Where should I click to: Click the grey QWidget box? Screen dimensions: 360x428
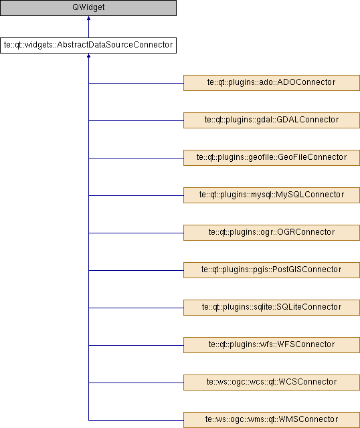coord(88,8)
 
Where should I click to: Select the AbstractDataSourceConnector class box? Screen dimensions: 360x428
coord(88,45)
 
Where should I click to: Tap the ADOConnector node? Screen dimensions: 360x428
coord(272,83)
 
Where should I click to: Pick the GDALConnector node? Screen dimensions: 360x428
coord(272,120)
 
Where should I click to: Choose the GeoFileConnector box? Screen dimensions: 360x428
coord(272,158)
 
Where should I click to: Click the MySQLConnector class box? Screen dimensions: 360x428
coord(272,195)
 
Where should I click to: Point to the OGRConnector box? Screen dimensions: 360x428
coord(272,233)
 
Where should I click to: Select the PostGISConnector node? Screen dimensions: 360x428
coord(272,270)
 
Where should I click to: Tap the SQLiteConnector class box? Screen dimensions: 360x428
coord(272,308)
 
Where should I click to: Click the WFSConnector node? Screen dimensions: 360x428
coord(272,345)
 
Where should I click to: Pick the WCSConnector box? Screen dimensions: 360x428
coord(272,383)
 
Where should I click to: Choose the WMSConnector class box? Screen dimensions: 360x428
coord(272,420)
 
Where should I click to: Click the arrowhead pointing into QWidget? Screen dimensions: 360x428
coord(88,18)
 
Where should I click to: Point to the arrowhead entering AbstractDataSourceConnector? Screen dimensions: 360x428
coord(88,56)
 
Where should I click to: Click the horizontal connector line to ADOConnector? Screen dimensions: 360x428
coord(136,83)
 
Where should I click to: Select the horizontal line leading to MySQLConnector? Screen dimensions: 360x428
coord(136,195)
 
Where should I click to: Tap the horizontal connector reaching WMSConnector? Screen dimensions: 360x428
coord(136,420)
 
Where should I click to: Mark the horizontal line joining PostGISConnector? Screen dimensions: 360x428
coord(136,270)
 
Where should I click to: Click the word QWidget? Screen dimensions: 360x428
coord(88,7)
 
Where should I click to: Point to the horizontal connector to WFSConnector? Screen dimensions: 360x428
coord(136,345)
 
